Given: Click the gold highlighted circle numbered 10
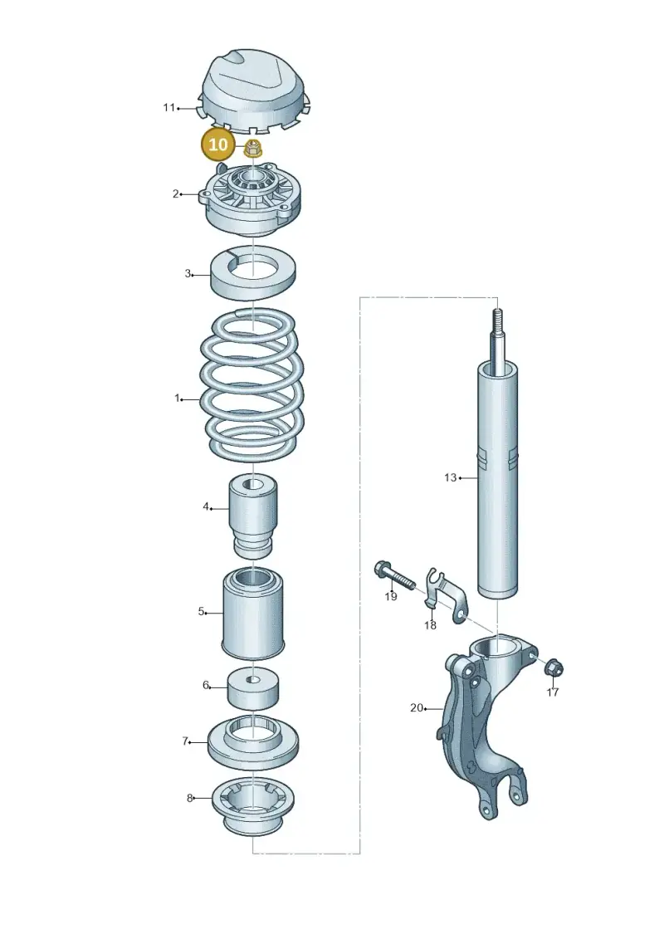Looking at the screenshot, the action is pyautogui.click(x=218, y=144).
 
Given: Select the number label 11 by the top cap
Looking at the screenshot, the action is pyautogui.click(x=168, y=107).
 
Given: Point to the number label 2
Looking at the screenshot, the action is pyautogui.click(x=175, y=193).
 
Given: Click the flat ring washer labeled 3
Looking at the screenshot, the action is pyautogui.click(x=253, y=272).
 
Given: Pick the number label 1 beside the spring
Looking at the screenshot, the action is pyautogui.click(x=178, y=398).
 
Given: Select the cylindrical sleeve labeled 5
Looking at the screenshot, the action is pyautogui.click(x=253, y=612).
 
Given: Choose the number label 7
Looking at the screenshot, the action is pyautogui.click(x=186, y=741).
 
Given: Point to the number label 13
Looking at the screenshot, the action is pyautogui.click(x=450, y=477).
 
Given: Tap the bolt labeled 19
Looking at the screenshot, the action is pyautogui.click(x=394, y=575).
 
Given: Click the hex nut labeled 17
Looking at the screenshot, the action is pyautogui.click(x=554, y=667).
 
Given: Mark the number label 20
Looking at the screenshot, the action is pyautogui.click(x=417, y=708).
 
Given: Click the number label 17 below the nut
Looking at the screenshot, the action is pyautogui.click(x=553, y=692).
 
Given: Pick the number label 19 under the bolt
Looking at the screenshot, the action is pyautogui.click(x=390, y=596).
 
